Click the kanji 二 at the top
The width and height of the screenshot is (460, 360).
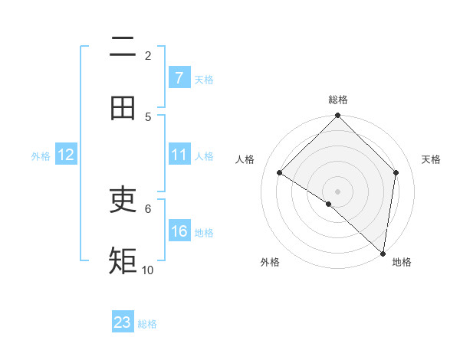(x=123, y=47)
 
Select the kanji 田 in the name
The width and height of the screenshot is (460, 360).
(x=123, y=109)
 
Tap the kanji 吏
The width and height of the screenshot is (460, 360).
(x=123, y=201)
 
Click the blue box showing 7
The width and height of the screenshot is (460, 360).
(x=179, y=78)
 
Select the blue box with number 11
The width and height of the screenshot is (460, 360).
(x=179, y=155)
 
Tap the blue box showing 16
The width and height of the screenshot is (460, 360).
(x=179, y=231)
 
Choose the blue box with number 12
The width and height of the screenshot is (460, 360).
(x=66, y=155)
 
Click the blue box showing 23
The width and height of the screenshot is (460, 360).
(x=123, y=322)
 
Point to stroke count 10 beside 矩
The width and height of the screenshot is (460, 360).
(x=148, y=270)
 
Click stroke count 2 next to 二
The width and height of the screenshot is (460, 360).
(x=148, y=55)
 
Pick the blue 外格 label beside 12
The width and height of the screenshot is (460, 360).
(x=41, y=156)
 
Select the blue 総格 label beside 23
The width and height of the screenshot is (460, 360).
(x=147, y=324)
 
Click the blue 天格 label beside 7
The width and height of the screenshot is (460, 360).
(x=204, y=80)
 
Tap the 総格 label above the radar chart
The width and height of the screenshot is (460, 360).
(x=338, y=100)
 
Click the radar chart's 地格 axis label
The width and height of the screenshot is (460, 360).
(x=402, y=262)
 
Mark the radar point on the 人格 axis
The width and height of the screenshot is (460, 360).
(x=280, y=173)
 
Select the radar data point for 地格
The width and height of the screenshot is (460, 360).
(x=383, y=254)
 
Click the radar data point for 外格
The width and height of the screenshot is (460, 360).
(x=329, y=204)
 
